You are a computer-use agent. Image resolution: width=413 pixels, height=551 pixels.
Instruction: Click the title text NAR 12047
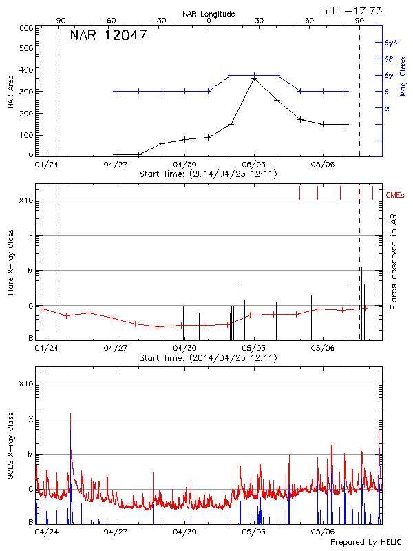(x=108, y=36)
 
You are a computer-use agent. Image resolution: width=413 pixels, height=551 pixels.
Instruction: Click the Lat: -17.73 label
(x=352, y=10)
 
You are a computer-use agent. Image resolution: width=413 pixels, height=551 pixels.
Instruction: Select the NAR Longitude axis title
(x=209, y=14)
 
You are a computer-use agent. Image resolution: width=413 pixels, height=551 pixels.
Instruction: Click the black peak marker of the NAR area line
(x=254, y=79)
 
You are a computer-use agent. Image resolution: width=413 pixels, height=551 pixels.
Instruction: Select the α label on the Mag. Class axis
(x=387, y=108)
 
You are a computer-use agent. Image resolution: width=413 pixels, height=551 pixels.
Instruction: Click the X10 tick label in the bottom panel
(x=26, y=384)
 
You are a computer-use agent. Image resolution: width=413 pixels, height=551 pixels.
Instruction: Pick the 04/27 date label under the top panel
(x=115, y=165)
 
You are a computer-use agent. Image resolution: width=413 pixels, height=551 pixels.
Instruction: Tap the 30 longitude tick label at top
(x=259, y=21)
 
